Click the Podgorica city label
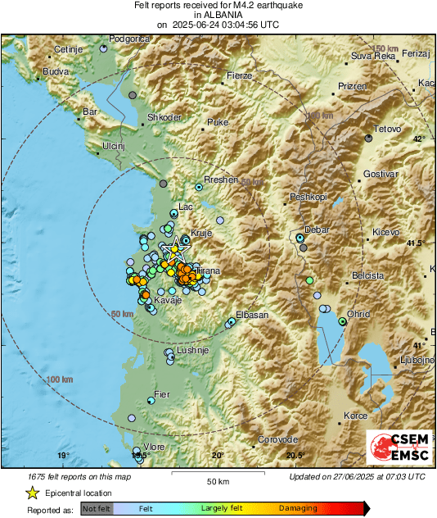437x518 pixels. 131,38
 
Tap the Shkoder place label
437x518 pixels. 164,117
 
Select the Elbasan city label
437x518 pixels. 252,315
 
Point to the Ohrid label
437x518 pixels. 359,314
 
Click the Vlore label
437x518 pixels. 155,446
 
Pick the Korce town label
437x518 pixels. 355,416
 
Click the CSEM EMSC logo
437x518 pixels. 395,448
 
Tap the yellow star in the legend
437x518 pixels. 32,493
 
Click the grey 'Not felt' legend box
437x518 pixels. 95,508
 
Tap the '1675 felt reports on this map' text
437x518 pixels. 78,476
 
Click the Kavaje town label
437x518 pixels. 168,301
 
